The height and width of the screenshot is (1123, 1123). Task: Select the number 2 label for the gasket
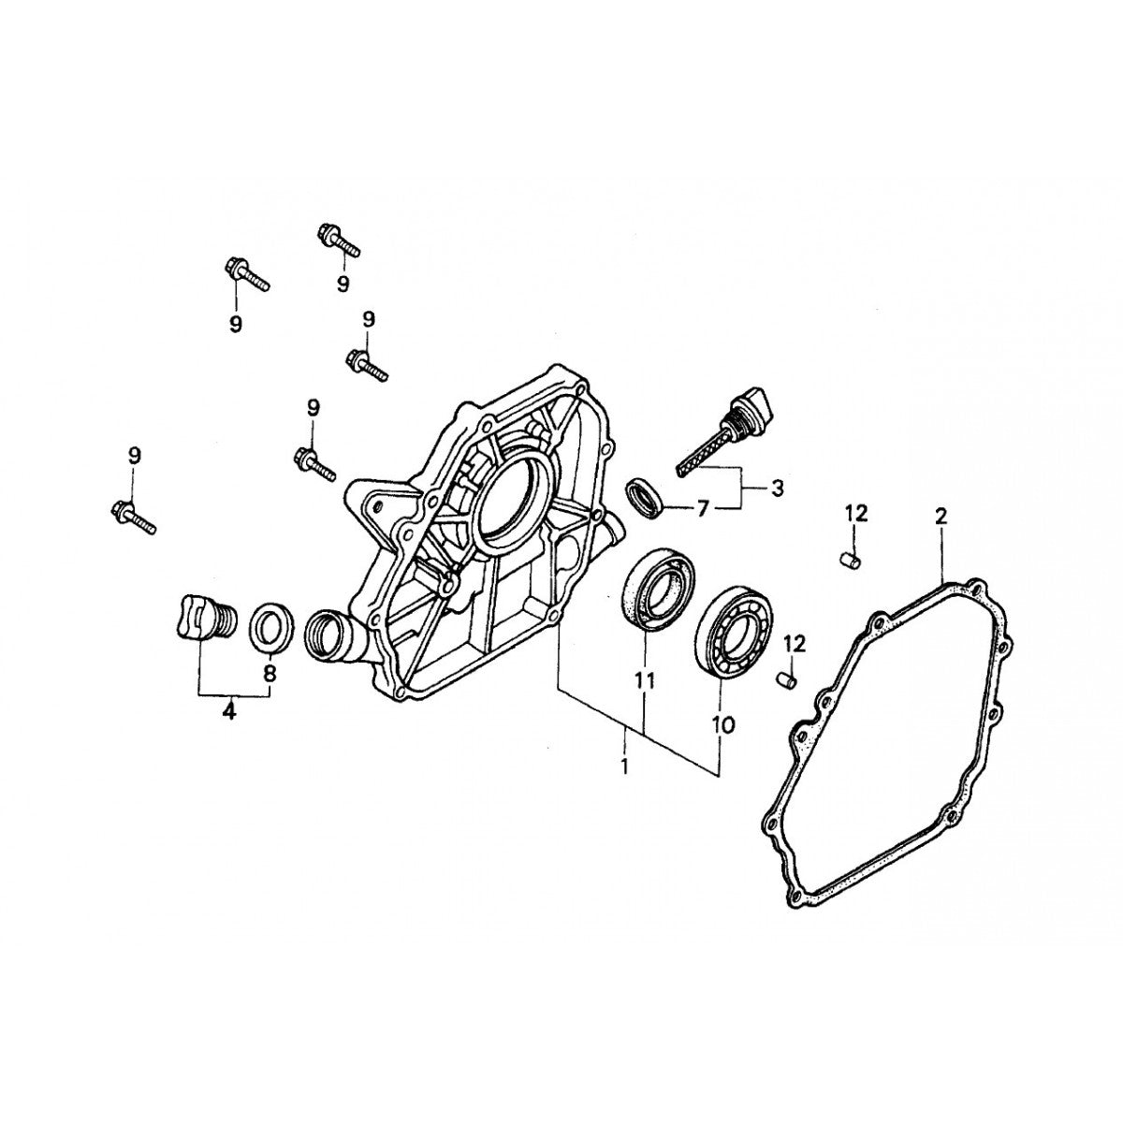coord(941,516)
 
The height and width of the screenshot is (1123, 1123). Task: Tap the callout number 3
coord(777,488)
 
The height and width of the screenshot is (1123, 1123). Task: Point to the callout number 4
coord(229,712)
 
